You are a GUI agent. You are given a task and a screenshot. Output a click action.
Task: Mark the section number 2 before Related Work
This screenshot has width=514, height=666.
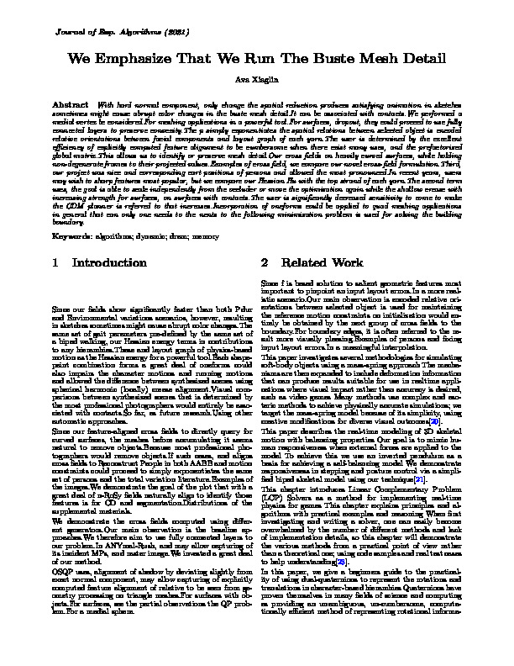click(265, 263)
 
